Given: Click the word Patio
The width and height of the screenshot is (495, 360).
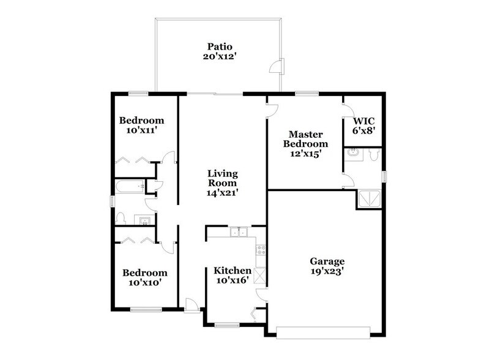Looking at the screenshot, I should pos(220,47).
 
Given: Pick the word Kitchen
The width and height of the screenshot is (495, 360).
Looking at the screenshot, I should pos(232,270).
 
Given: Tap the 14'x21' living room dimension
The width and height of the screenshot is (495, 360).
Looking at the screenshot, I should pos(221,192).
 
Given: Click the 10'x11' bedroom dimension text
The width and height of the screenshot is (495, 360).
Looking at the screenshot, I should pos(141,130).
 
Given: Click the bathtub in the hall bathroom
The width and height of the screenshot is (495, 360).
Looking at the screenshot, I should pos(129,186).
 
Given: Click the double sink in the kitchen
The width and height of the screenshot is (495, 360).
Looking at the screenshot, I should pos(239,233).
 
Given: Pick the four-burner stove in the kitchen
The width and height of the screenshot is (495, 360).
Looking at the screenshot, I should pos(261,250).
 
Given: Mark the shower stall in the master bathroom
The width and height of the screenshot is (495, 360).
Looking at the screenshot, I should pos(369,199).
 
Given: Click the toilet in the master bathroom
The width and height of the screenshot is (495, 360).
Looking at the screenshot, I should pos(374,155).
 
